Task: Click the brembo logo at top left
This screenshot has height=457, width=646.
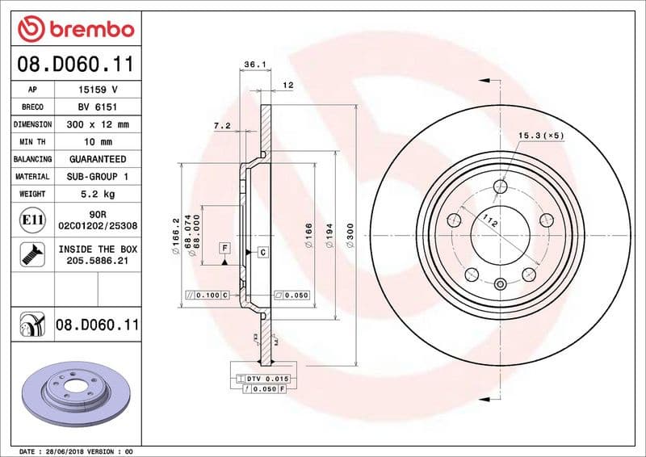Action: tap(74, 29)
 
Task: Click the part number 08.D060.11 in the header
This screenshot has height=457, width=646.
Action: tap(74, 64)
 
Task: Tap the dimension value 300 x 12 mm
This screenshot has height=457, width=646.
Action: tap(98, 124)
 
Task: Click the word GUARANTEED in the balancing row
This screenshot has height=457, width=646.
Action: tap(98, 159)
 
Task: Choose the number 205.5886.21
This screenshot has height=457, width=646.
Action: tap(98, 262)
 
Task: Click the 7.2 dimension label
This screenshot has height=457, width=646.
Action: tap(221, 125)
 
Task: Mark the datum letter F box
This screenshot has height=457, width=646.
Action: tap(224, 246)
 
